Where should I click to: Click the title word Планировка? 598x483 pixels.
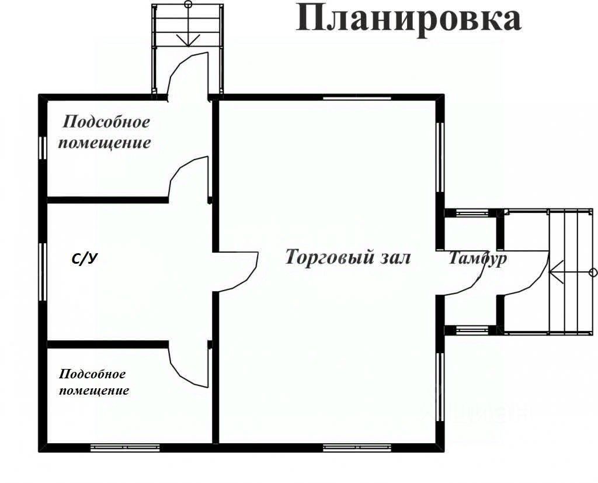[x=408, y=18]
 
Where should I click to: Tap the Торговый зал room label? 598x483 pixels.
[x=348, y=257]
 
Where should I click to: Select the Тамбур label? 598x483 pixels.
[x=477, y=259]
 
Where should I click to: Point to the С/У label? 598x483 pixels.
[x=84, y=258]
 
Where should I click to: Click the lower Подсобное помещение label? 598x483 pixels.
[x=94, y=382]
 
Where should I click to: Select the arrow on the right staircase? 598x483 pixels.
[x=564, y=272]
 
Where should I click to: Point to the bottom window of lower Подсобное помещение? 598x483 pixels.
[x=125, y=448]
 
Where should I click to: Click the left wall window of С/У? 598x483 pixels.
[x=42, y=271]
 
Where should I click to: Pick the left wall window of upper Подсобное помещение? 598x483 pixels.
[x=42, y=147]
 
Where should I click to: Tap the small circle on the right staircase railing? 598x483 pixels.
[x=593, y=272]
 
